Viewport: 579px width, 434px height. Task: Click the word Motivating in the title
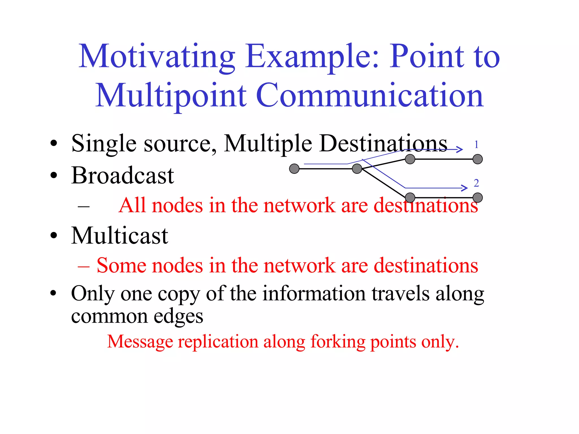(x=157, y=57)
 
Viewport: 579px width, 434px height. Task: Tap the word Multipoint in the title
(x=171, y=96)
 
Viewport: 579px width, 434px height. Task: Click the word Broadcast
(x=122, y=176)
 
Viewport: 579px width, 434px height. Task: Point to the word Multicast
(x=120, y=236)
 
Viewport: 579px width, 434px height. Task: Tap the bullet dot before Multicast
(x=54, y=236)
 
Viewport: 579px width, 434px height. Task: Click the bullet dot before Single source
(x=54, y=144)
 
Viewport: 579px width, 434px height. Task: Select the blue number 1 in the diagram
(x=476, y=145)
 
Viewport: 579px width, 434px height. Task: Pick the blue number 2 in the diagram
(x=476, y=183)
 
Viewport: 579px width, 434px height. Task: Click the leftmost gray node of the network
(x=294, y=169)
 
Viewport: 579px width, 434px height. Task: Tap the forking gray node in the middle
(x=357, y=169)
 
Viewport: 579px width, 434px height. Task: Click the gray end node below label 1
(x=478, y=159)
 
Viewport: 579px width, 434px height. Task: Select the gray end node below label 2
(x=478, y=198)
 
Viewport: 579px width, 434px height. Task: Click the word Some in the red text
(x=121, y=266)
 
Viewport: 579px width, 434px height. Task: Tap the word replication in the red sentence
(x=218, y=342)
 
